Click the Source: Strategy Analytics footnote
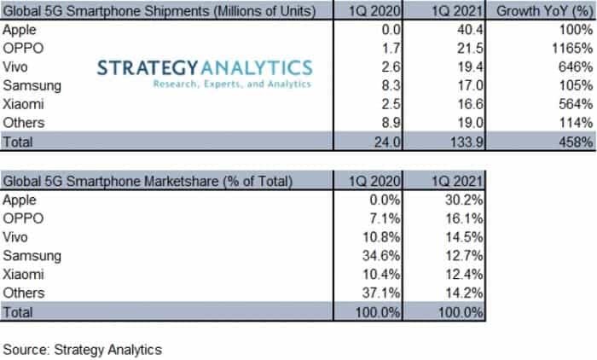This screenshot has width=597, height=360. (x=83, y=349)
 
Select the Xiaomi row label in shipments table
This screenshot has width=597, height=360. (x=26, y=103)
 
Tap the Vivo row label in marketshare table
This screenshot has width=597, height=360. (x=18, y=237)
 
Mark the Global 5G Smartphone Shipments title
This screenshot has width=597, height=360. (x=157, y=11)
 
